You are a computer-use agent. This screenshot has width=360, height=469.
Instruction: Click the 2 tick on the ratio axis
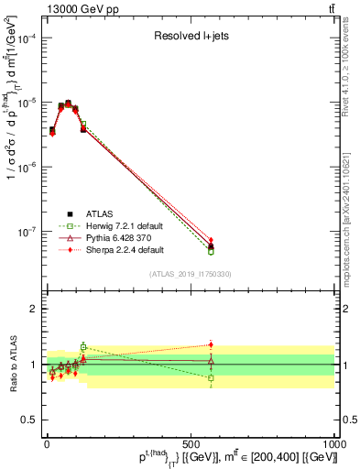pyautogui.click(x=34, y=309)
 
